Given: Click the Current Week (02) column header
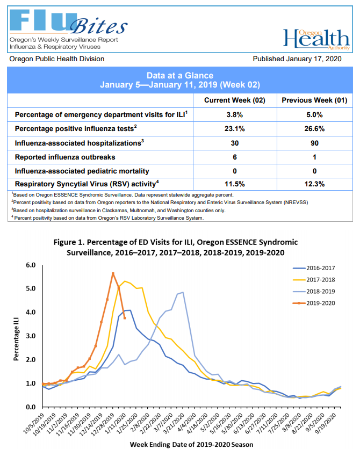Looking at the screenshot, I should [x=235, y=100].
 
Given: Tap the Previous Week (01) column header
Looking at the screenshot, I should [x=314, y=100].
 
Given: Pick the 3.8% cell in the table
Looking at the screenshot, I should [x=235, y=114].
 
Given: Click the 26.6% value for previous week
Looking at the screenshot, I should [x=314, y=128].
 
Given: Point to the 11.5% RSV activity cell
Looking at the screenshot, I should [x=235, y=184].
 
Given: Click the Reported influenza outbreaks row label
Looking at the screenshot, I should [x=65, y=157].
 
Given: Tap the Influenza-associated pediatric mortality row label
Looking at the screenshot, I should [x=82, y=171].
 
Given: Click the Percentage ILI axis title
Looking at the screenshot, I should [x=16, y=336].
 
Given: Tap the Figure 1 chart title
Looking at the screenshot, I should [x=176, y=247].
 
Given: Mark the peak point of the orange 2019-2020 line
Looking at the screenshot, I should [x=113, y=273].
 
